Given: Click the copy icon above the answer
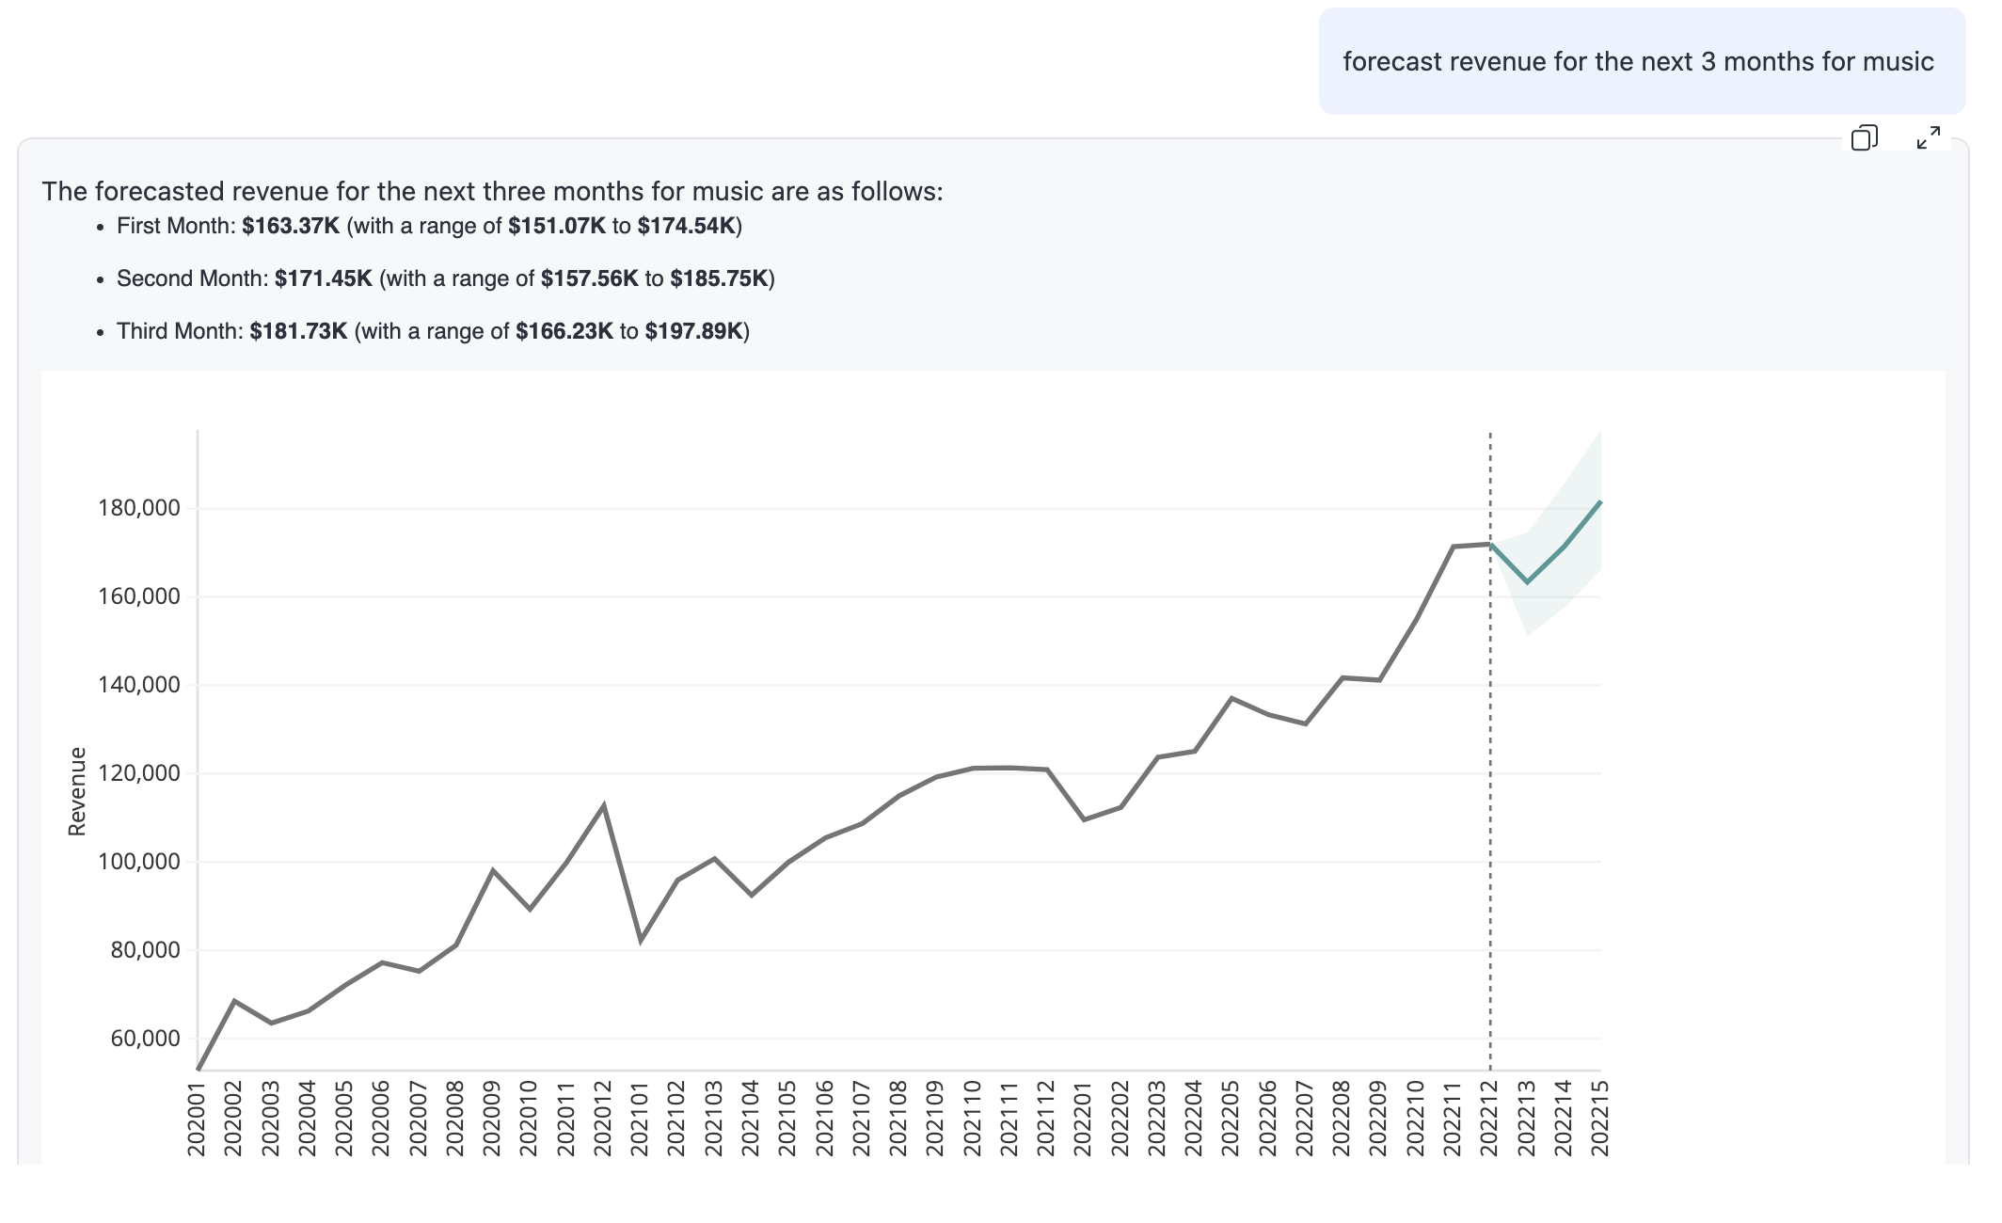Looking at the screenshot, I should (1864, 138).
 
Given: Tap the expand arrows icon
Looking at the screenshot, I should (1928, 138).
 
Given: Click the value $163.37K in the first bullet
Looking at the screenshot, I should (290, 226).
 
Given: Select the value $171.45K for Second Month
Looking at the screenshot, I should (323, 278).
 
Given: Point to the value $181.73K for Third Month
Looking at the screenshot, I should (298, 331).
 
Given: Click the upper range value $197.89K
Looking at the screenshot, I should (693, 331).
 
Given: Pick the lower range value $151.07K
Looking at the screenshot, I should (557, 226).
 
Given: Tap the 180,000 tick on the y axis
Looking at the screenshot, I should (139, 508).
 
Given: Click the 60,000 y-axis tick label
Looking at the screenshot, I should (145, 1039).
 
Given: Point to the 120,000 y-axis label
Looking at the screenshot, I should (139, 773).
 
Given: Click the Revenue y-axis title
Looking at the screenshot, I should (77, 791).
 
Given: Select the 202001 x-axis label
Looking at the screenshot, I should (197, 1119).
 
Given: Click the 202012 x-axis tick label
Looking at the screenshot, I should (603, 1119).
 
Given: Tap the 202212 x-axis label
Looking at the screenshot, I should (1490, 1119).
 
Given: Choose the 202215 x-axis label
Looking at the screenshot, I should (1600, 1119).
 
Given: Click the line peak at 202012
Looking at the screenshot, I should (603, 806).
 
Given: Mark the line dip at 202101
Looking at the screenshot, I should (641, 940).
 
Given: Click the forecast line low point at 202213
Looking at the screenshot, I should (1527, 582).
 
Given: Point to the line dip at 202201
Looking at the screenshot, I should (1084, 819).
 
